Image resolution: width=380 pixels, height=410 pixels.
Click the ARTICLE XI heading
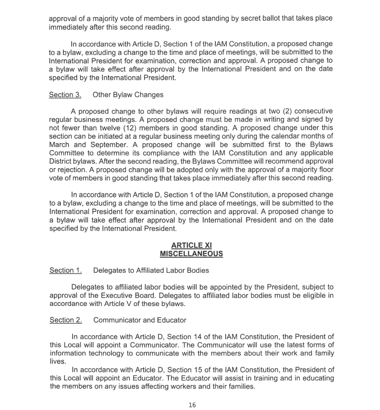(x=191, y=245)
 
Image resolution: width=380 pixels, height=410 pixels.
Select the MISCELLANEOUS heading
(x=191, y=254)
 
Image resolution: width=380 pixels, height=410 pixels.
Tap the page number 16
(x=192, y=405)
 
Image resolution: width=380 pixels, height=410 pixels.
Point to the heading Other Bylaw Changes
(x=128, y=95)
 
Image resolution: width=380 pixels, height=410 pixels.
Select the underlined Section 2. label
(x=65, y=320)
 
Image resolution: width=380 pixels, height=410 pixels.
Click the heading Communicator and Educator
(x=139, y=320)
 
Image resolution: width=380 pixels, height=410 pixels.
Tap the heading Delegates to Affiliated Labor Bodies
(x=151, y=270)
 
